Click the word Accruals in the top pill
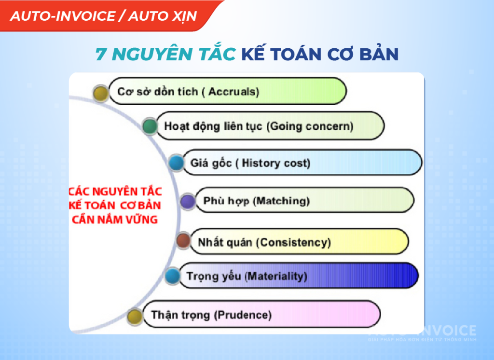pos(233,91)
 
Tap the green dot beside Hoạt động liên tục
pos(150,126)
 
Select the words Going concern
pos(310,126)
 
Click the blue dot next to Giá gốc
pos(176,163)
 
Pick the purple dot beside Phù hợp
pos(188,201)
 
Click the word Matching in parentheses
pos(281,201)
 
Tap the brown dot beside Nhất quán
pos(183,240)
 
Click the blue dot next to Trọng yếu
pos(172,276)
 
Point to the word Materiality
pos(276,276)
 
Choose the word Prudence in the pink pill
pos(243,315)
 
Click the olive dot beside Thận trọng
pos(135,316)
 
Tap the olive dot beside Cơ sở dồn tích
pos(101,93)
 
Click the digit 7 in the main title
pos(101,54)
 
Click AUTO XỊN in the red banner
pos(163,16)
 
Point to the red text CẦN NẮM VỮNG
pos(115,219)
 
